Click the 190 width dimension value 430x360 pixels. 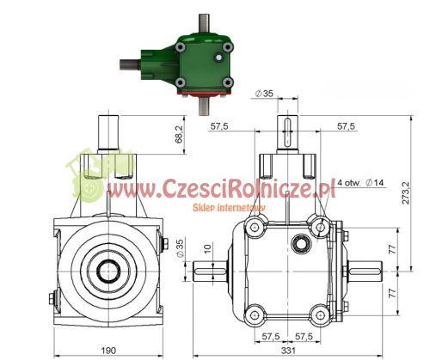tap(108, 350)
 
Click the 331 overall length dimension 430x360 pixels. tap(288, 350)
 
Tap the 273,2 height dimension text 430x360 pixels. tap(406, 192)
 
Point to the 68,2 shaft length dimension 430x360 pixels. tap(179, 134)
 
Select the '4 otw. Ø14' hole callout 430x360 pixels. tap(360, 182)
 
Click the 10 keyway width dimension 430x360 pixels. tap(208, 247)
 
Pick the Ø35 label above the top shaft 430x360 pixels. tap(264, 94)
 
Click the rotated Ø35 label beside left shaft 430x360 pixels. tap(180, 247)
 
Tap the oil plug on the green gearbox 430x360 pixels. tap(218, 58)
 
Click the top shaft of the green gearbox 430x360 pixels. tap(204, 24)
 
